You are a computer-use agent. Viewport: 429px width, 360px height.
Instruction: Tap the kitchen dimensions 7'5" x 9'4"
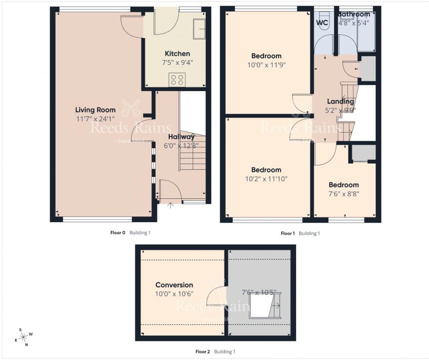177,62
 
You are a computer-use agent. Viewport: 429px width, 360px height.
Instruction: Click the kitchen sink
199,30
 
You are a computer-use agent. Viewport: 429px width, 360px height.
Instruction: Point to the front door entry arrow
171,206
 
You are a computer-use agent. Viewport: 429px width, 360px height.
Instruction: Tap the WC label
322,22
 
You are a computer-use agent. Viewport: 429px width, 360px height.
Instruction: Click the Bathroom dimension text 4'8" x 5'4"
354,22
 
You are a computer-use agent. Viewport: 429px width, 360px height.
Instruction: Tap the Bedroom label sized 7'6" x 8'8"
343,185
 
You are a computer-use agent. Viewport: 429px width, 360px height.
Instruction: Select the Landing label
340,101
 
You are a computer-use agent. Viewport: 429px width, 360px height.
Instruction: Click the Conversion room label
174,285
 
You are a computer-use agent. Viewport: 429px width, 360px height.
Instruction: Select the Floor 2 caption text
202,352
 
